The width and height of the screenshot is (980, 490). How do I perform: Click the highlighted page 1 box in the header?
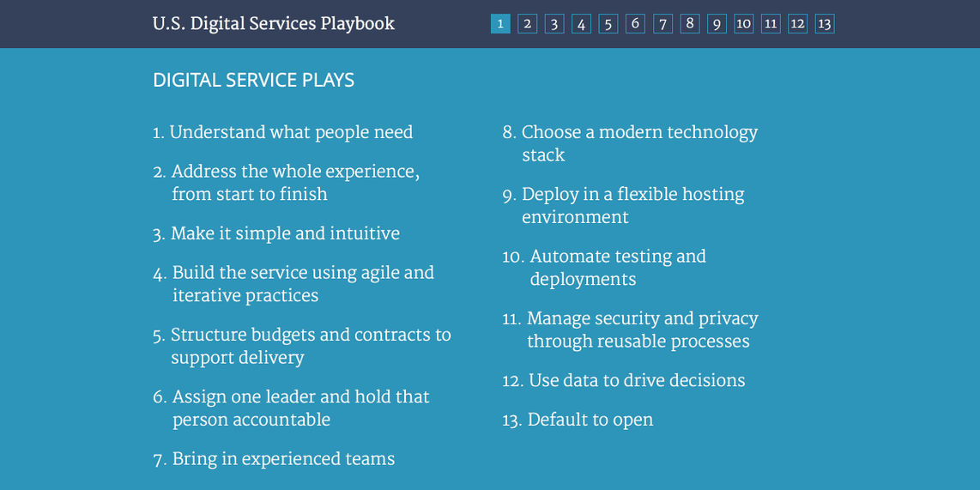tap(500, 24)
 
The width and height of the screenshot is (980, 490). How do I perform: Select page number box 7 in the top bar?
tap(662, 24)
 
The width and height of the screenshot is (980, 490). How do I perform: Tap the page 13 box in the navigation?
tap(825, 24)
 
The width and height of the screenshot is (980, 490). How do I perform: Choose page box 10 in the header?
tap(744, 24)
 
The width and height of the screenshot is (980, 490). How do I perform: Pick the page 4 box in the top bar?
tap(582, 24)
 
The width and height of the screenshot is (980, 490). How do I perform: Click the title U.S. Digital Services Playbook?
tap(274, 24)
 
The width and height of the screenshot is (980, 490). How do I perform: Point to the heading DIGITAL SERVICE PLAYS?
tap(253, 81)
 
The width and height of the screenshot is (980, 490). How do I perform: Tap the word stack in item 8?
tap(543, 155)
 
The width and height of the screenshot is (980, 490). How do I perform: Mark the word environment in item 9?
tap(575, 217)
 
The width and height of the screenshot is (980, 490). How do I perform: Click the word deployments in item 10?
tap(583, 279)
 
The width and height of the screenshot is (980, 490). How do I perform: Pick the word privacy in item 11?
tap(729, 318)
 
